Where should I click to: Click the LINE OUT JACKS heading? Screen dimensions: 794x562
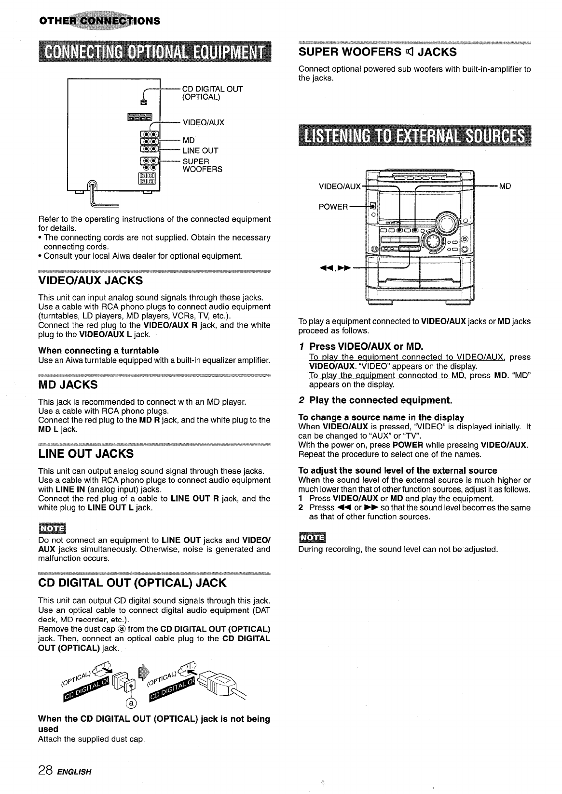pos(86,454)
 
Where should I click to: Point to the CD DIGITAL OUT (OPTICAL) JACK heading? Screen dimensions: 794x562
pos(132,583)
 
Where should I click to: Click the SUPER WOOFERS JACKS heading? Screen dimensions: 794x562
pos(377,52)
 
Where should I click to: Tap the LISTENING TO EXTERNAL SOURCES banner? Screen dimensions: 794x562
pos(414,136)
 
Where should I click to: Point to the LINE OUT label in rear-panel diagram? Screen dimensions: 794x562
pos(200,150)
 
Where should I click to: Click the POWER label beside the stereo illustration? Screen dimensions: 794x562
pos(333,207)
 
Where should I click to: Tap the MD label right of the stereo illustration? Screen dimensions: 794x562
pos(505,186)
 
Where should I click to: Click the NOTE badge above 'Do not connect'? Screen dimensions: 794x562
pos(52,527)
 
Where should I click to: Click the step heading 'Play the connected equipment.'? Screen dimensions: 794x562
pos(380,400)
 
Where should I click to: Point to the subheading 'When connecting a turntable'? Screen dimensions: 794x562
pos(98,350)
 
